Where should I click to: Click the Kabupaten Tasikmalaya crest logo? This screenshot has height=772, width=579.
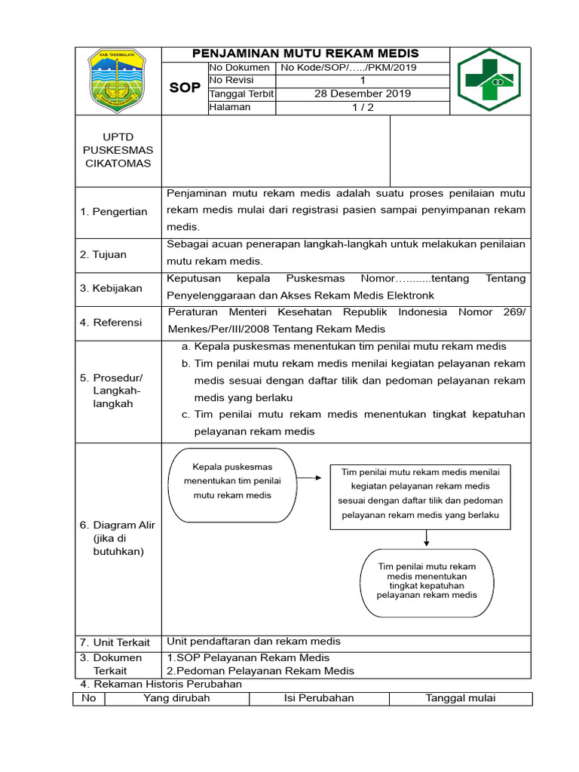coord(119,81)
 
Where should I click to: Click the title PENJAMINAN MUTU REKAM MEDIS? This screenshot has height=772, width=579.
coord(305,54)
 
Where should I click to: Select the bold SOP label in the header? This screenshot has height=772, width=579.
coord(185,87)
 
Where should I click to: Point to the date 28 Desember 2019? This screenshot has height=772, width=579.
coord(362,93)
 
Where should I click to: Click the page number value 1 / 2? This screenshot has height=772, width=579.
coord(362,107)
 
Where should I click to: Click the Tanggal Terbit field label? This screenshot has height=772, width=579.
coord(241,93)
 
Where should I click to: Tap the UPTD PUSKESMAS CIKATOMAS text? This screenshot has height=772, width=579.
coord(118,150)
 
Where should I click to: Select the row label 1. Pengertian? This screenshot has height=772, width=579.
coord(114,211)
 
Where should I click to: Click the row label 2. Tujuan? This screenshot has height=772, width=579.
coord(104,255)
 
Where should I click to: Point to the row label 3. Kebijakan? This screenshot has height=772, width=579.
coord(110,288)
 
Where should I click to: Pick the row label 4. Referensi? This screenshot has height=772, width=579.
coord(111,322)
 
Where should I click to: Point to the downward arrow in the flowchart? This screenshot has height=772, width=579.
coord(427,538)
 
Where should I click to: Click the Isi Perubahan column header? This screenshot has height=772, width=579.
coord(319,698)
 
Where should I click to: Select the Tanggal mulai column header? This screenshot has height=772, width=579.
coord(461,698)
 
